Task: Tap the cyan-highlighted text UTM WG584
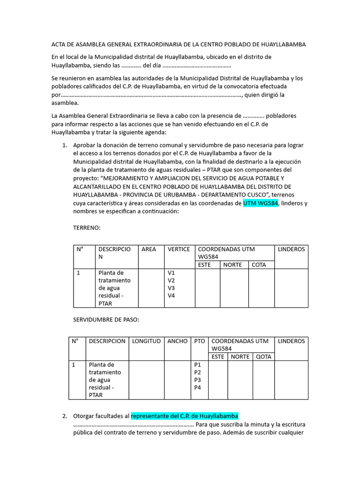[x=261, y=203]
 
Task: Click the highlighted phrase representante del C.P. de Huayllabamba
[x=185, y=416]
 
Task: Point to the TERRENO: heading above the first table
[x=87, y=227]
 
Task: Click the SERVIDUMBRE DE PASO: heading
[x=106, y=319]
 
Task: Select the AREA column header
[x=149, y=249]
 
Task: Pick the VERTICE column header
[x=179, y=249]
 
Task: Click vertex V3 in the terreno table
[x=171, y=288]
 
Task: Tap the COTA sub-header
[x=259, y=265]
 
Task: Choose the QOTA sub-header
[x=263, y=357]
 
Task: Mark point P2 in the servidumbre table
[x=197, y=372]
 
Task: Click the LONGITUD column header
[x=146, y=341]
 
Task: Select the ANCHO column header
[x=177, y=341]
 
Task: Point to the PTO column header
[x=199, y=341]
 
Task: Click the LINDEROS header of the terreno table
[x=291, y=249]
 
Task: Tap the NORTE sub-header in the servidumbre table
[x=240, y=357]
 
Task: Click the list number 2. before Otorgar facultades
[x=65, y=416]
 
